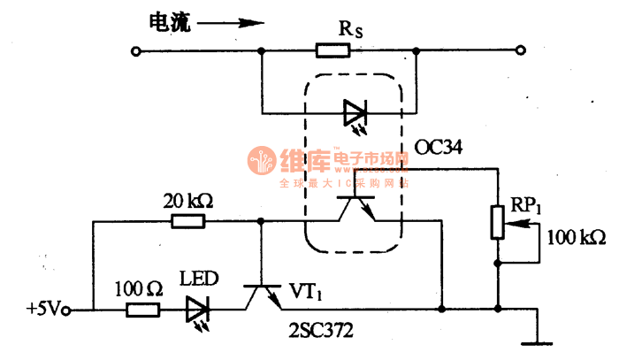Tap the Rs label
tap(351, 28)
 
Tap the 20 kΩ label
tap(188, 201)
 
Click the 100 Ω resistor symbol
tap(141, 310)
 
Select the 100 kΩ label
tap(576, 239)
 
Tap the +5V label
tap(42, 310)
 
